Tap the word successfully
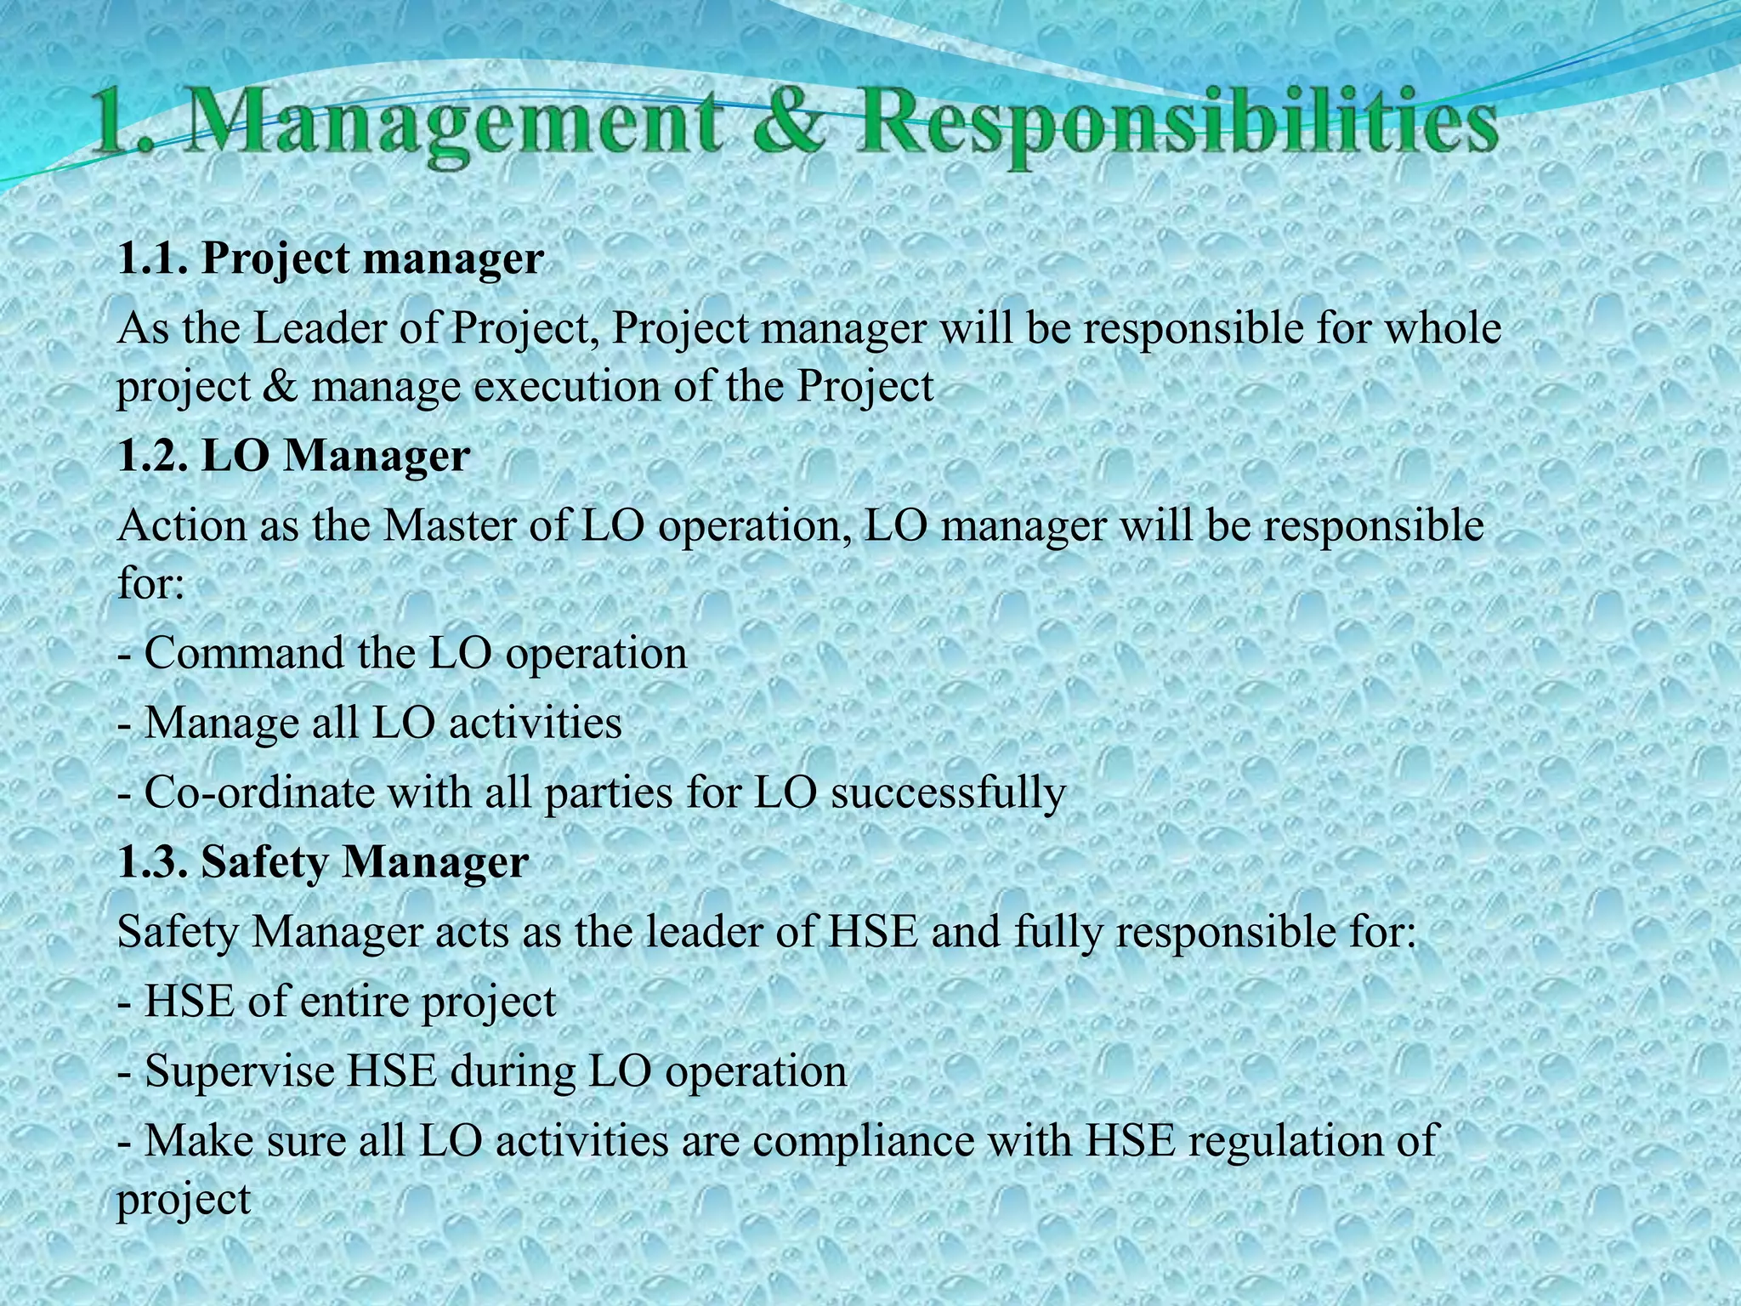point(947,794)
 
